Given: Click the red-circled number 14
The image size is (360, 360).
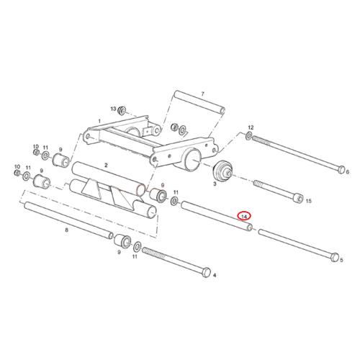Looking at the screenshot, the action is click(244, 217).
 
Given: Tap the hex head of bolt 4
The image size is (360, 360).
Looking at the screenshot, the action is click(207, 273).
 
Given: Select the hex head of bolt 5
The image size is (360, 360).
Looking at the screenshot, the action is click(335, 257).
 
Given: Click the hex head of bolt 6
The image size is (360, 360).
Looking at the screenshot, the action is click(341, 169).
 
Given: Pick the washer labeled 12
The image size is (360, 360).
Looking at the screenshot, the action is click(249, 136).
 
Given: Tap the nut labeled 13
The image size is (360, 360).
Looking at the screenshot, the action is click(122, 110).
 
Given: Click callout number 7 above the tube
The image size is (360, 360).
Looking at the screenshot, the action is click(202, 94).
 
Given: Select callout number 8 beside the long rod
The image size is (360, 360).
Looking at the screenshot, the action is click(66, 230).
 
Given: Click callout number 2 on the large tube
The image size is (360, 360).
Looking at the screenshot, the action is click(106, 165).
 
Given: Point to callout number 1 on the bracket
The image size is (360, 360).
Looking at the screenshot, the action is click(99, 121).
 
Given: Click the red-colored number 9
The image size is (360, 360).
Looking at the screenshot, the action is click(163, 185).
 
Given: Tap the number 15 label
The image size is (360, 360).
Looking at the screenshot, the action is click(308, 201).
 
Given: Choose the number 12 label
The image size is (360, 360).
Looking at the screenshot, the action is click(251, 127).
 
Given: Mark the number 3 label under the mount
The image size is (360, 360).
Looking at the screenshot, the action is click(215, 184).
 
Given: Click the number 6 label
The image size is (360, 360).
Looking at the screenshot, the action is click(348, 172).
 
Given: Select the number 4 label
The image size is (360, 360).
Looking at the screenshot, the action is click(215, 275).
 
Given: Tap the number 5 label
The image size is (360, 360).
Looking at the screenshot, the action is click(341, 260).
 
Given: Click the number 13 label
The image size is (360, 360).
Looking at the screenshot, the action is click(113, 109).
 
